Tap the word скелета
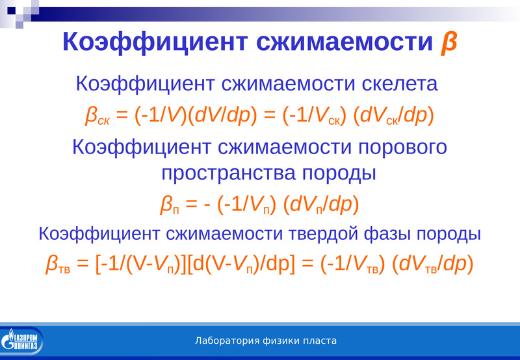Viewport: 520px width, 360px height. [x=400, y=84]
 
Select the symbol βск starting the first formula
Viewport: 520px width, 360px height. [x=97, y=116]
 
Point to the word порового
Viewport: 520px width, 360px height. [x=402, y=148]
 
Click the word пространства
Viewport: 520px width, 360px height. [x=228, y=174]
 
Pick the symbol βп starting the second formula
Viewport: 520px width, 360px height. [x=170, y=205]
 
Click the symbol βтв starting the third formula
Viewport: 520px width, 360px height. [x=58, y=264]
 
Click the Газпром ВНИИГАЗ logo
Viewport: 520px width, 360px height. [x=22, y=341]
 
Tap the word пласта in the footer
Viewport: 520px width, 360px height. [x=320, y=341]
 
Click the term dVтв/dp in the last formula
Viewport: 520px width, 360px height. [x=433, y=264]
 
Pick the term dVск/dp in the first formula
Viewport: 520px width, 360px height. [x=394, y=116]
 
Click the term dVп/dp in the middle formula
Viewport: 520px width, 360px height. [x=321, y=205]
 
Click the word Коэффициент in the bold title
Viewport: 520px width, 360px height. [x=155, y=42]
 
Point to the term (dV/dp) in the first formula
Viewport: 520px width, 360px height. [x=222, y=116]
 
